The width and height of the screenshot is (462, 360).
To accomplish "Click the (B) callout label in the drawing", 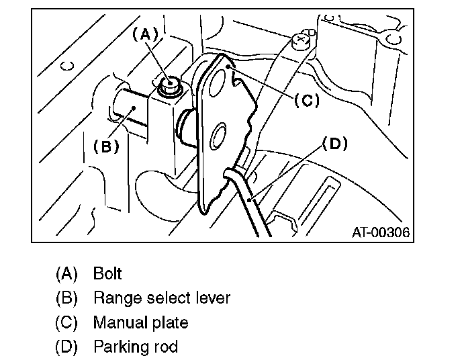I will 106,146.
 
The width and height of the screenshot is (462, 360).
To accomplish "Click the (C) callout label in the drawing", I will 306,100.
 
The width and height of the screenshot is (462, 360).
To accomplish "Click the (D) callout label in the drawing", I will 336,143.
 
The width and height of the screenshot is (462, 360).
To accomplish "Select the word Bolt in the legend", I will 107,273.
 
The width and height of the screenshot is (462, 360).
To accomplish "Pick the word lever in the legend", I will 211,298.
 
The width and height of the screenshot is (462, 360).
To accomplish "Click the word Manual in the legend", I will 118,322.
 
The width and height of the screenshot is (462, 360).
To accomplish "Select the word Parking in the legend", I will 118,347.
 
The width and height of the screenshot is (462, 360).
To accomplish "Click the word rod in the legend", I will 166,347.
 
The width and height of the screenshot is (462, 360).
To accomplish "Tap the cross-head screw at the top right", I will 301,40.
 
